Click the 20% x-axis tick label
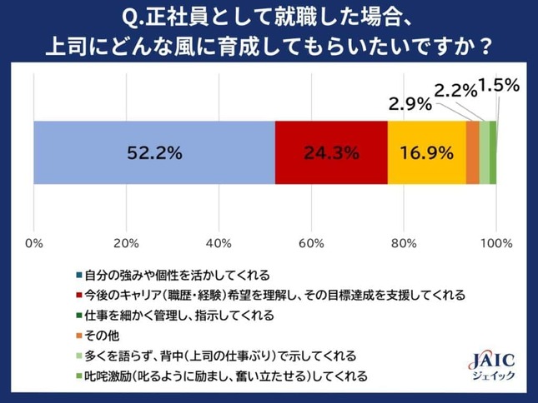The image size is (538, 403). point(126,243)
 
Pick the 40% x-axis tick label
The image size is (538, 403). point(219,243)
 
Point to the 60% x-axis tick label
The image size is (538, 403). point(311,243)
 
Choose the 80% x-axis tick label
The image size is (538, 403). point(404,243)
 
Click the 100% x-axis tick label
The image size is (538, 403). point(496,243)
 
